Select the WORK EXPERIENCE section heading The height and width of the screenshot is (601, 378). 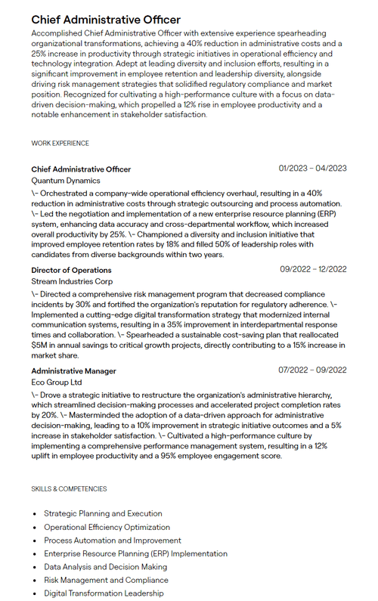pos(60,143)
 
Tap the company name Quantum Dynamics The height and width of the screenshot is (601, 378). pos(65,181)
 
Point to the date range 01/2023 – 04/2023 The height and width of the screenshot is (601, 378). pos(312,168)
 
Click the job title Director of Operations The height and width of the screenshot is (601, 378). pos(71,270)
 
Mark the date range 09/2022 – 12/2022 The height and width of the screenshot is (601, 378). pos(313,269)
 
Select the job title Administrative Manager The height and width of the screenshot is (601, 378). pos(73,370)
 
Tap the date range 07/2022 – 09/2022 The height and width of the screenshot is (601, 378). pos(312,370)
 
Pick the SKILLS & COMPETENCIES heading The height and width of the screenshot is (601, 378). pos(69,488)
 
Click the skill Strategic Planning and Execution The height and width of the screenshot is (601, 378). pos(103,513)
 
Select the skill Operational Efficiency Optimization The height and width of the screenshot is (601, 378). pos(107,527)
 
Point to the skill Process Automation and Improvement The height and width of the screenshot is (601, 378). pos(112,541)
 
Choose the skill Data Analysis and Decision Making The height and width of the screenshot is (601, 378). pos(105,567)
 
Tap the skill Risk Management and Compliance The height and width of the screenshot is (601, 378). pos(105,580)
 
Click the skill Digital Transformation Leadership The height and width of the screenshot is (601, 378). pos(104,593)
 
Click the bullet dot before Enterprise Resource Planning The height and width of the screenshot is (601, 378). pos(35,553)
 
